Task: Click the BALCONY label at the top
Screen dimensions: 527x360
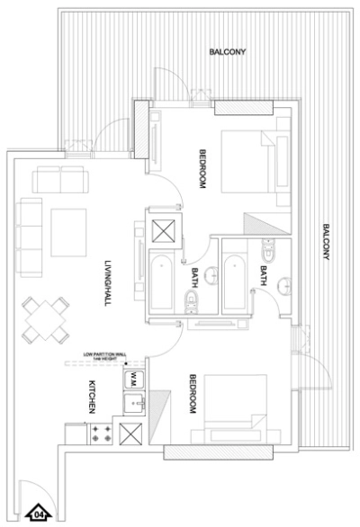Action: click(224, 52)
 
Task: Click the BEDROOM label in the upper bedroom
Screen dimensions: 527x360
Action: click(203, 166)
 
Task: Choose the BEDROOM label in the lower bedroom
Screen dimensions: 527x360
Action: click(192, 394)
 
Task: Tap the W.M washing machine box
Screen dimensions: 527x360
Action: click(131, 376)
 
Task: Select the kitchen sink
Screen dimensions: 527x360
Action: click(132, 403)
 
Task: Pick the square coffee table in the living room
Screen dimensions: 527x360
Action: click(68, 230)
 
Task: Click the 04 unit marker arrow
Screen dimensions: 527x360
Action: click(40, 514)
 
